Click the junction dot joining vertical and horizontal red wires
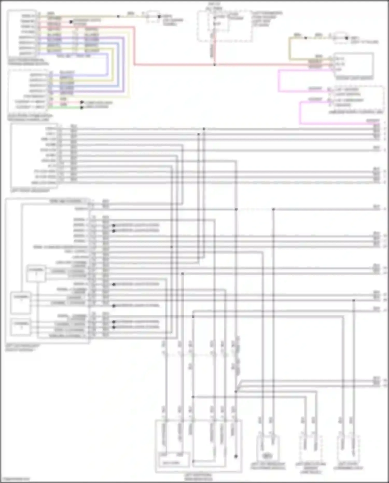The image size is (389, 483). [x=214, y=65]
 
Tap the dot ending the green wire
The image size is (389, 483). [x=82, y=107]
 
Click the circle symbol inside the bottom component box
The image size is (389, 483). [x=266, y=455]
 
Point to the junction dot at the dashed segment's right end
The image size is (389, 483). [x=273, y=209]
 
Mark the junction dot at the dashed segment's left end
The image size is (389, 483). [x=236, y=209]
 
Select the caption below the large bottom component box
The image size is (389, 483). [x=198, y=477]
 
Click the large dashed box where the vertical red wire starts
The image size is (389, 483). [x=225, y=26]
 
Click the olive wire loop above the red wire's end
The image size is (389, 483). [x=290, y=49]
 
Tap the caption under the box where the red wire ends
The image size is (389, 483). [x=354, y=78]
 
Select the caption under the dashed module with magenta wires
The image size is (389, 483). [x=356, y=112]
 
